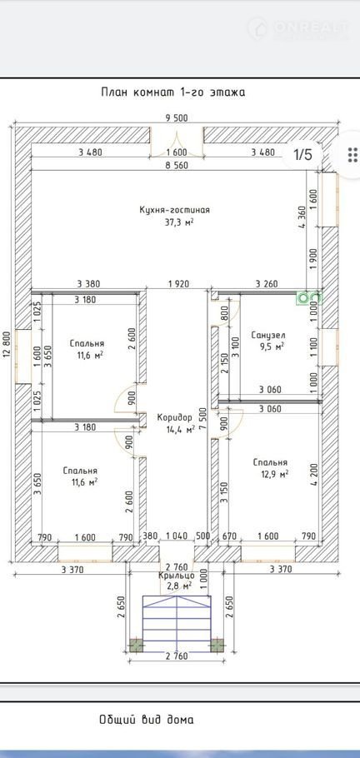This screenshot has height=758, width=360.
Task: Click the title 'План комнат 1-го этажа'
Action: (x=172, y=92)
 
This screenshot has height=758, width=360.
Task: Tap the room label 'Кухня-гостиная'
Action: (x=174, y=210)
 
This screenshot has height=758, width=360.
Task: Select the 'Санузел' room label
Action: (x=268, y=335)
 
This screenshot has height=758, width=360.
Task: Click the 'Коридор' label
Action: (x=175, y=417)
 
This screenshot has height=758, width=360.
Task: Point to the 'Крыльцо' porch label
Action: (x=176, y=576)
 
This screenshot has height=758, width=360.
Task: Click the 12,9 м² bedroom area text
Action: (x=271, y=474)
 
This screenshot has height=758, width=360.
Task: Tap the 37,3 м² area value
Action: (x=175, y=222)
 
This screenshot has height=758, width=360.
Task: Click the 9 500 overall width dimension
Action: (x=175, y=117)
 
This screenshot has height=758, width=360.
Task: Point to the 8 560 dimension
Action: (x=175, y=165)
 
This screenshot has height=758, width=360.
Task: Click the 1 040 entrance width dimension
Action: (x=177, y=536)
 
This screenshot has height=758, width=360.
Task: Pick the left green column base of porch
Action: (x=136, y=646)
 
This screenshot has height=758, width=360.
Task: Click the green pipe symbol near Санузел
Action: (x=308, y=298)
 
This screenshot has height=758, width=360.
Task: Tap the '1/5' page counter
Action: (x=303, y=155)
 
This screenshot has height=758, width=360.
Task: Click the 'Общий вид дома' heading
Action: (x=147, y=720)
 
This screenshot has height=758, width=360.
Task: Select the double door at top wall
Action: (x=176, y=142)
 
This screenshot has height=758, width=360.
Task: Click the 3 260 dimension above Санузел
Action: (x=267, y=284)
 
